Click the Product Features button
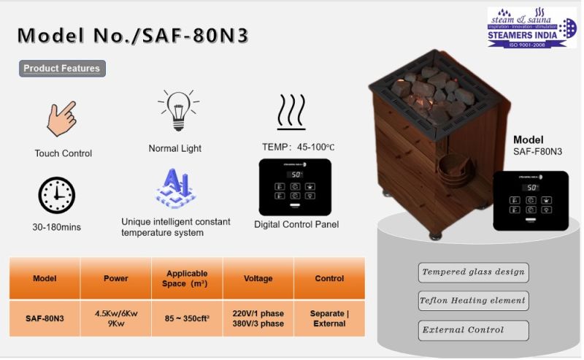(62, 69)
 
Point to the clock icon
(56, 196)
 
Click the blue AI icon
(175, 187)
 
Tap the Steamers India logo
(527, 28)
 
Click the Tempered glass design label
(473, 272)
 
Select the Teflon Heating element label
(473, 300)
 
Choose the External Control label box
(473, 329)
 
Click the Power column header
(116, 278)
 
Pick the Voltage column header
(258, 278)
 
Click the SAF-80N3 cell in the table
(45, 318)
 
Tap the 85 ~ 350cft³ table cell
(187, 318)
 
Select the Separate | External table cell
(329, 318)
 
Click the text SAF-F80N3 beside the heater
(537, 152)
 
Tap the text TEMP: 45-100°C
(297, 147)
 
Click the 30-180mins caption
(56, 227)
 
